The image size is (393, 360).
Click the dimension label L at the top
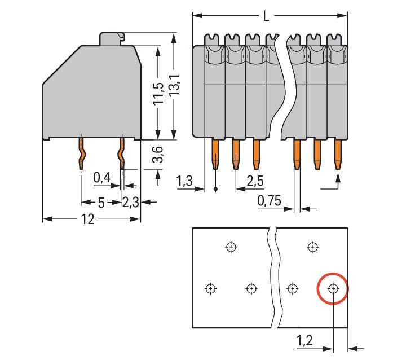pyautogui.click(x=266, y=15)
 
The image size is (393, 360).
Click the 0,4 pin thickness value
pyautogui.click(x=101, y=178)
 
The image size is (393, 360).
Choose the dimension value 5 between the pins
pyautogui.click(x=101, y=203)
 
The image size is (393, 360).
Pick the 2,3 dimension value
pyautogui.click(x=131, y=203)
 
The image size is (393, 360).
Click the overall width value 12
pyautogui.click(x=87, y=219)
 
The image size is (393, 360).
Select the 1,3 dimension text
pyautogui.click(x=184, y=181)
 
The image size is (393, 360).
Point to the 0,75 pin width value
pyautogui.click(x=269, y=201)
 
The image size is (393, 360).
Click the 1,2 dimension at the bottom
pyautogui.click(x=305, y=340)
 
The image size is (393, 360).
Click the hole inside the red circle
pyautogui.click(x=333, y=289)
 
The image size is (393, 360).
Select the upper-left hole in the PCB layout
pyautogui.click(x=230, y=247)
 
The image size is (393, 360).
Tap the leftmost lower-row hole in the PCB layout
pyautogui.click(x=210, y=289)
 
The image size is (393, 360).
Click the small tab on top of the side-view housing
pyautogui.click(x=112, y=38)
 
